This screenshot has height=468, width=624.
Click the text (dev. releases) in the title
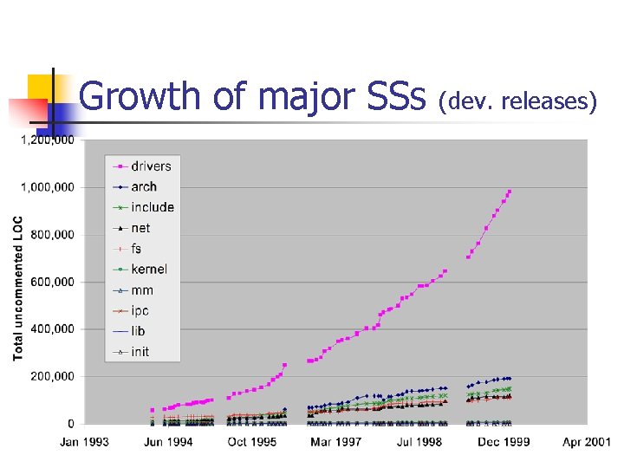pyautogui.click(x=517, y=101)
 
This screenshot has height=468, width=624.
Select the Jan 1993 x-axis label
pyautogui.click(x=84, y=442)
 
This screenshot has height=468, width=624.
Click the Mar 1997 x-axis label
pyautogui.click(x=335, y=442)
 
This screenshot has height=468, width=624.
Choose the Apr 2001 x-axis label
pyautogui.click(x=586, y=442)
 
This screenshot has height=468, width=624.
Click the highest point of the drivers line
pyautogui.click(x=510, y=192)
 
